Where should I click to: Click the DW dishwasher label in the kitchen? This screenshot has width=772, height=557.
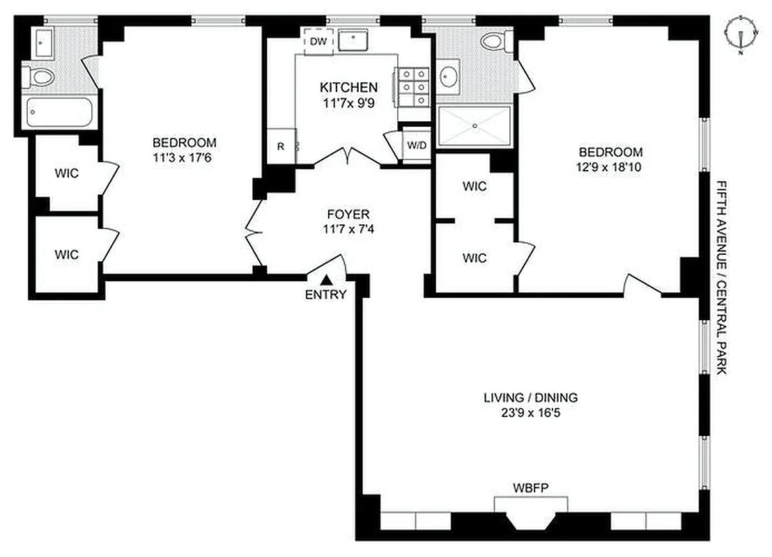318,42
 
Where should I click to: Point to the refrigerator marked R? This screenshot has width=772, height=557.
281,146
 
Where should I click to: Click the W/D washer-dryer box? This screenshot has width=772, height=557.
417,146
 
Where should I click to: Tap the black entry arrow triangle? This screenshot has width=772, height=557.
326,279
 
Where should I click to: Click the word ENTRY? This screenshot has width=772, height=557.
325,295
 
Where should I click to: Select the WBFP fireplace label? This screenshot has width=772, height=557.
531,487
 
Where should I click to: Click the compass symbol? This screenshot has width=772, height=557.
741,33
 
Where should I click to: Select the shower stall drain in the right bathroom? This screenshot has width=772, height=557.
474,126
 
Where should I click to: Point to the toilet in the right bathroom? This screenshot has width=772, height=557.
497,41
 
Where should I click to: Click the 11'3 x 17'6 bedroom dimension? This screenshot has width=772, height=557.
183,157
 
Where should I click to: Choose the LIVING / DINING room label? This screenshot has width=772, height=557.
531,398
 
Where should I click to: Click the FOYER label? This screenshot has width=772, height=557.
348,214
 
